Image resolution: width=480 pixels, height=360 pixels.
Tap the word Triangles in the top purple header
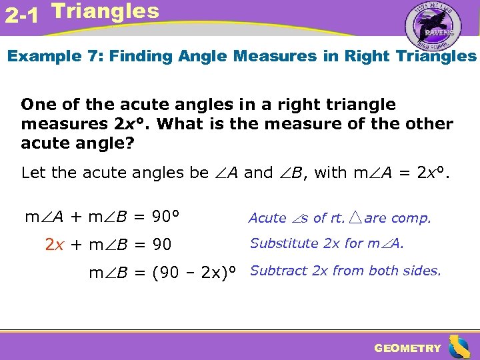pos(105,11)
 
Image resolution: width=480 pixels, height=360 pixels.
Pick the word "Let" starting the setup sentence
pos(34,173)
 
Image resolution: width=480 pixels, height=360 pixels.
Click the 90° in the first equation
pos(167,217)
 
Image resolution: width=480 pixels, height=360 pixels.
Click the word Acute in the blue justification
pos(267,218)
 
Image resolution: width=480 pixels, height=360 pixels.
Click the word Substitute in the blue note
pos(284,244)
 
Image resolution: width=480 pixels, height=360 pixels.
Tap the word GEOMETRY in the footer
pos(407,348)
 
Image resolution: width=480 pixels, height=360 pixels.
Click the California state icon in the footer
pos(459,347)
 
